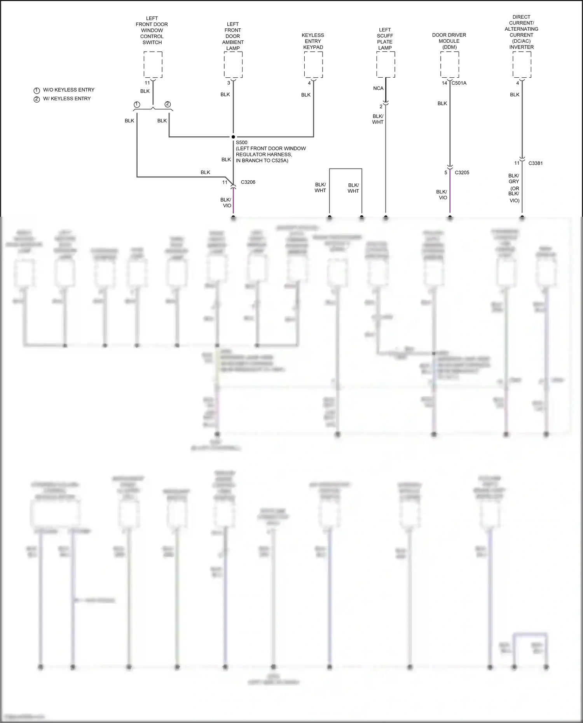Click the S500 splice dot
[233, 137]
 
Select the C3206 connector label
[248, 182]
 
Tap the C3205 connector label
[462, 172]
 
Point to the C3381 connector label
[535, 163]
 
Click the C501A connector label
[459, 83]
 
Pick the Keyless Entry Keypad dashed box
[313, 64]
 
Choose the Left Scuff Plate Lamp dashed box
[386, 64]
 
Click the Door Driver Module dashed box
[450, 64]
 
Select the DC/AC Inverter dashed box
[522, 64]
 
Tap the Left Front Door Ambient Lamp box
[233, 64]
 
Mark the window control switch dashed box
[153, 64]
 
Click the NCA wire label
[378, 89]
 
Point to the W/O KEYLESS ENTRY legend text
[68, 90]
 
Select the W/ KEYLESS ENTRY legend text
[66, 99]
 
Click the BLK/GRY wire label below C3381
[513, 179]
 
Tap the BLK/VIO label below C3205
[442, 195]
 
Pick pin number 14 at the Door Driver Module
[444, 83]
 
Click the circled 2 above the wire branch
[168, 105]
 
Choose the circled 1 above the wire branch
[137, 105]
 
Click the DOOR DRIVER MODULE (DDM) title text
[449, 41]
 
